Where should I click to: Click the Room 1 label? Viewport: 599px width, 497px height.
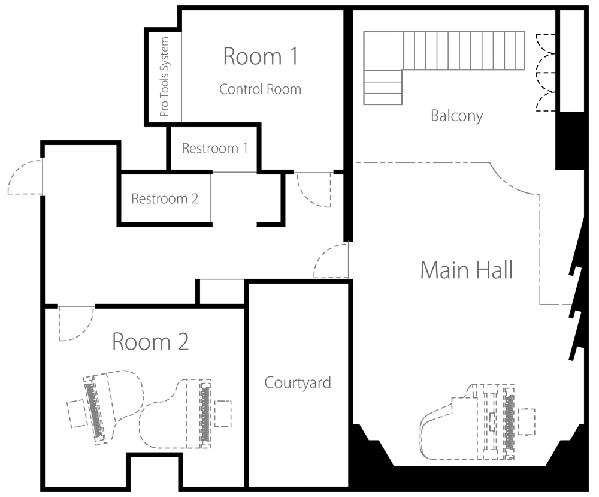pos(259,56)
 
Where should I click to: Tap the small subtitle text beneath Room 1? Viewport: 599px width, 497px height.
pos(258,89)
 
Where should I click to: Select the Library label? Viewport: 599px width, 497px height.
pos(457,116)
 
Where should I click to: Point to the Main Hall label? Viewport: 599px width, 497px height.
pos(465,272)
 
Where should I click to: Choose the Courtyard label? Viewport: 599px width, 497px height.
pos(297,382)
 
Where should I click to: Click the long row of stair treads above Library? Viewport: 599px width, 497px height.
pos(466,50)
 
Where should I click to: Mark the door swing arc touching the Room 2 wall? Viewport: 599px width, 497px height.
pos(75,323)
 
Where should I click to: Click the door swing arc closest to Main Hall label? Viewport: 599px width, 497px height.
pos(331,260)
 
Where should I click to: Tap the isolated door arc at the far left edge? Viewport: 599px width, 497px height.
pos(25,178)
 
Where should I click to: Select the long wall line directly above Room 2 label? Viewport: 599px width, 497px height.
pos(167,326)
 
